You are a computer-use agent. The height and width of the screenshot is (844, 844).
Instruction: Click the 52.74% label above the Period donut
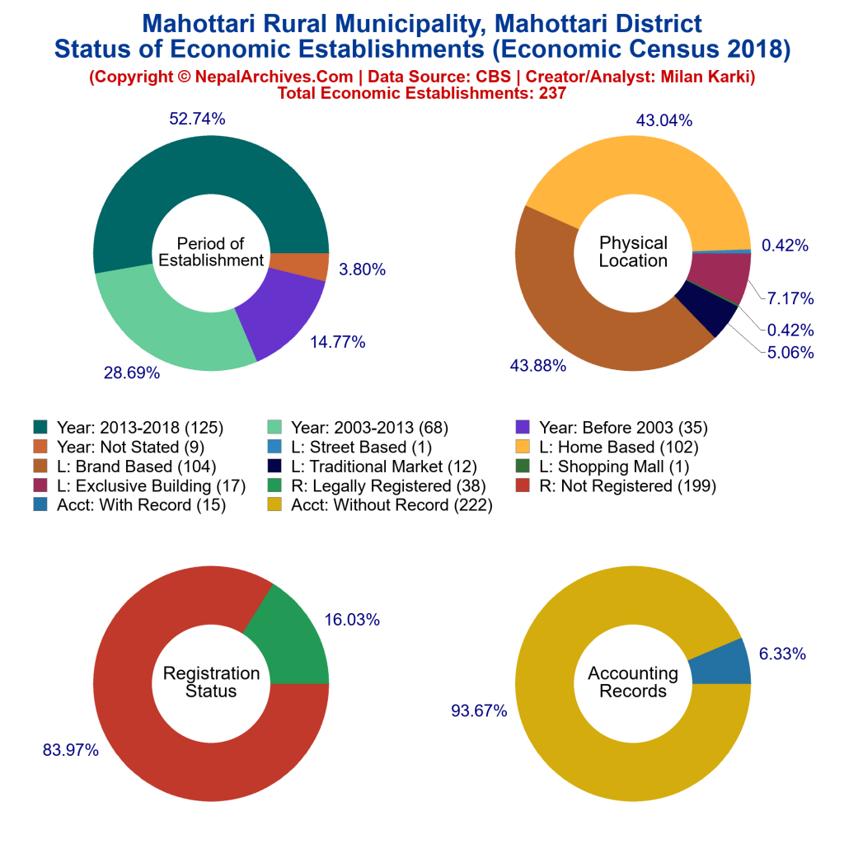(197, 119)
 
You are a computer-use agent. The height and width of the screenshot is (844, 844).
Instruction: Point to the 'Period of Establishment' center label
(211, 251)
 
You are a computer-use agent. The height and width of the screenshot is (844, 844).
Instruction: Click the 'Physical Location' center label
(633, 251)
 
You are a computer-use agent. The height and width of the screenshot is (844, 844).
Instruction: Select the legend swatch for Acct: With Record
(40, 505)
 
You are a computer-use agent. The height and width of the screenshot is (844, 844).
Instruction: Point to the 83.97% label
(71, 750)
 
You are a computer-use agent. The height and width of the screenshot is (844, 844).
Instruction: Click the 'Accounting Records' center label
(633, 682)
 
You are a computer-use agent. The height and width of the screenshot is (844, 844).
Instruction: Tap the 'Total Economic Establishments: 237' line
(422, 93)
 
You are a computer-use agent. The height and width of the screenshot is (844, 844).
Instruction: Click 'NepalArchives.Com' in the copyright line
(263, 77)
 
